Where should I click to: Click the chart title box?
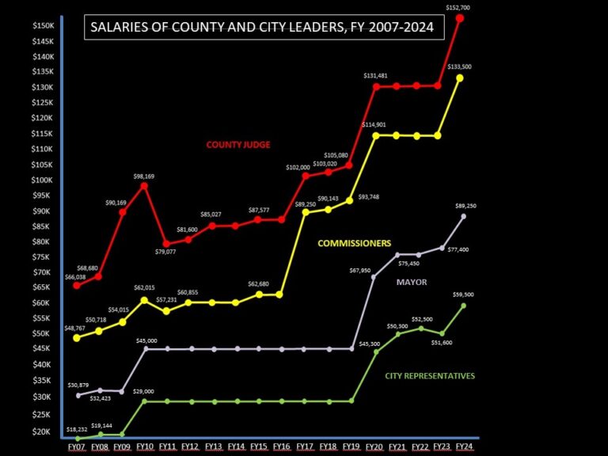point(264,28)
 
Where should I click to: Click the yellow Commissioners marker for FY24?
point(461,78)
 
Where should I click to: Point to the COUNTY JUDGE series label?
point(238,145)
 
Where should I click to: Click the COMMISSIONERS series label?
point(355,243)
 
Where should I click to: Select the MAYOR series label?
point(412,281)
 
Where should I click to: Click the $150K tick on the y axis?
point(43,26)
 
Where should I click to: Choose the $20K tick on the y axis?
point(43,431)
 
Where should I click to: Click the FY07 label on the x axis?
point(77,447)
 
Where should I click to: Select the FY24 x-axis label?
point(464,447)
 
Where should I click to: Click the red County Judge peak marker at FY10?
point(144,185)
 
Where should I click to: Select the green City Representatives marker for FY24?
point(464,306)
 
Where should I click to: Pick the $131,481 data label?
point(376,76)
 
